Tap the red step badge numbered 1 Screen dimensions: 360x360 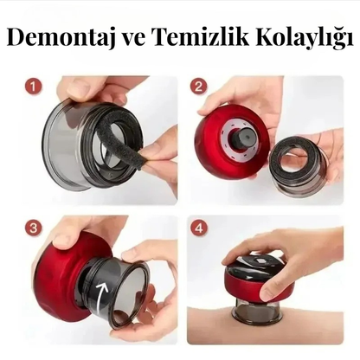click(33, 87)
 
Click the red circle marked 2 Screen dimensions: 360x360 click(198, 87)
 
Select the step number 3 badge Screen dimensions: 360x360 click(33, 228)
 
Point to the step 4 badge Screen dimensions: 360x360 click(199, 228)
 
